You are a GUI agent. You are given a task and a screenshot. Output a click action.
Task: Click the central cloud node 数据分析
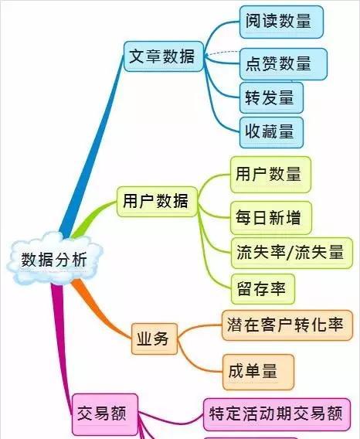pyautogui.click(x=55, y=259)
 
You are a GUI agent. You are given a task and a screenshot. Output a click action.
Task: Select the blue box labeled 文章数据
pyautogui.click(x=164, y=56)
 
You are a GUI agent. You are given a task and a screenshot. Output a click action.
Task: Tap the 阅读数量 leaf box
pyautogui.click(x=281, y=22)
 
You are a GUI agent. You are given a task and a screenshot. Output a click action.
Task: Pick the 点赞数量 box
pyautogui.click(x=284, y=64)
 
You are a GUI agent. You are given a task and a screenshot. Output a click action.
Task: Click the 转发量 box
pyautogui.click(x=271, y=97)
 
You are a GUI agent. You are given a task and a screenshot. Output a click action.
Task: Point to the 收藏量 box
pyautogui.click(x=271, y=132)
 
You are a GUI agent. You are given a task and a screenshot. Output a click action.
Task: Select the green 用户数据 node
pyautogui.click(x=157, y=202)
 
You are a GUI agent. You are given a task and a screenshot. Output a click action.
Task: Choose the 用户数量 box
pyautogui.click(x=270, y=175)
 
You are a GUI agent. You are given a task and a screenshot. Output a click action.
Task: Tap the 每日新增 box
pyautogui.click(x=270, y=217)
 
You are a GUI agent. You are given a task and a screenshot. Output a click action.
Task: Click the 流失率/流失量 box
pyautogui.click(x=292, y=253)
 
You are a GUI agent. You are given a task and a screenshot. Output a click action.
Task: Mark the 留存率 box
pyautogui.click(x=263, y=289)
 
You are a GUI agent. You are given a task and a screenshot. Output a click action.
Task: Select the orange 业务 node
pyautogui.click(x=155, y=339)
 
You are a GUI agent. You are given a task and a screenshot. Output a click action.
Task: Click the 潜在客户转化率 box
pyautogui.click(x=287, y=325)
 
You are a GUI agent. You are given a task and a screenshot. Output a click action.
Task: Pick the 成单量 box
pyautogui.click(x=258, y=372)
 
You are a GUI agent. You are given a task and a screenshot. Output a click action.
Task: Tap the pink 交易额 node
pyautogui.click(x=105, y=413)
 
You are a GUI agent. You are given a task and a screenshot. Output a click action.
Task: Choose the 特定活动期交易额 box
pyautogui.click(x=277, y=414)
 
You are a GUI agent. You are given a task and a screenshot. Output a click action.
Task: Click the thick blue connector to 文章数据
pyautogui.click(x=93, y=145)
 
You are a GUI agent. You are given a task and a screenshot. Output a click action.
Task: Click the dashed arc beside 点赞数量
pyautogui.click(x=222, y=53)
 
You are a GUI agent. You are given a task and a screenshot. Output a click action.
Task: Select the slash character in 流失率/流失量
pyautogui.click(x=290, y=253)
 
